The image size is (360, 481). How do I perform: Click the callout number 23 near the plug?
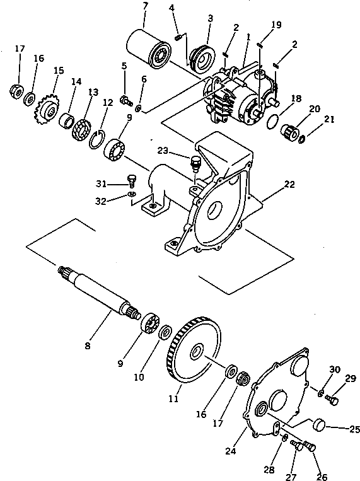click(163, 151)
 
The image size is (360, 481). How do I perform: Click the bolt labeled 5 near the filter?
click(125, 99)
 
